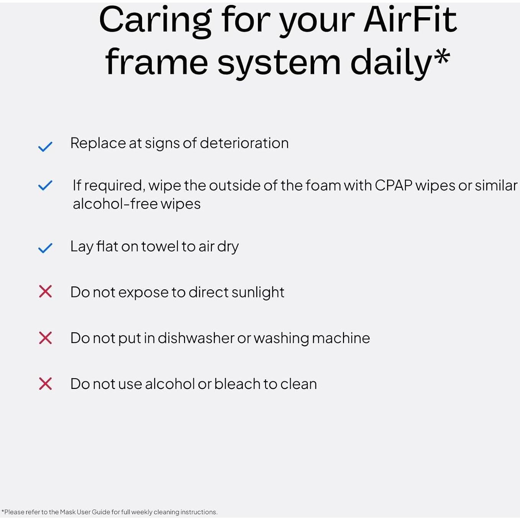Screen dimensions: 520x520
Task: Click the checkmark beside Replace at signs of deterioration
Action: click(45, 146)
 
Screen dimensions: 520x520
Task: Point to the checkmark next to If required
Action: click(45, 185)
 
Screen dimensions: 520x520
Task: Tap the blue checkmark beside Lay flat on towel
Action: click(45, 248)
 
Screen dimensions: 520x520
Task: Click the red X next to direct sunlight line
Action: click(45, 292)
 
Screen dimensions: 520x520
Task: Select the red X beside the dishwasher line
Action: click(45, 338)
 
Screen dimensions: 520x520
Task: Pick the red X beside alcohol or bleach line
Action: click(45, 384)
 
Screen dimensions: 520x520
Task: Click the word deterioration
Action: click(244, 143)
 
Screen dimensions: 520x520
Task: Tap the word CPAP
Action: click(394, 185)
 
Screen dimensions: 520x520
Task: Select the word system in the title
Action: click(279, 62)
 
